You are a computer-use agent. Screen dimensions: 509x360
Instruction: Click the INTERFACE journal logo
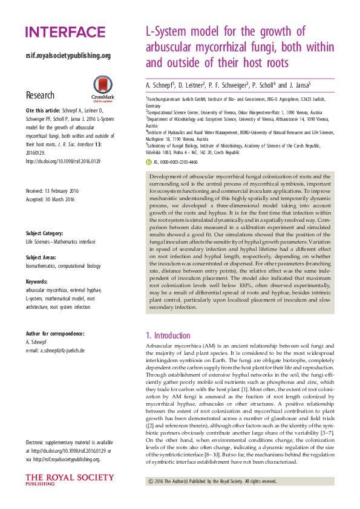pos(65,32)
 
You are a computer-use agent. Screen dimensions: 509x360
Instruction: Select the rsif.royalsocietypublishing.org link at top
pos(68,56)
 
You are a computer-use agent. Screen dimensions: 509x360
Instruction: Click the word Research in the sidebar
pos(40,96)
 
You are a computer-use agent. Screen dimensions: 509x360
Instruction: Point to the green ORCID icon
pos(149,162)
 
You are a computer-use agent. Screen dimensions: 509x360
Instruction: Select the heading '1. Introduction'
pos(168,335)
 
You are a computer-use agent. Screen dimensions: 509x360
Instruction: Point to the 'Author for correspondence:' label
pos(54,333)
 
